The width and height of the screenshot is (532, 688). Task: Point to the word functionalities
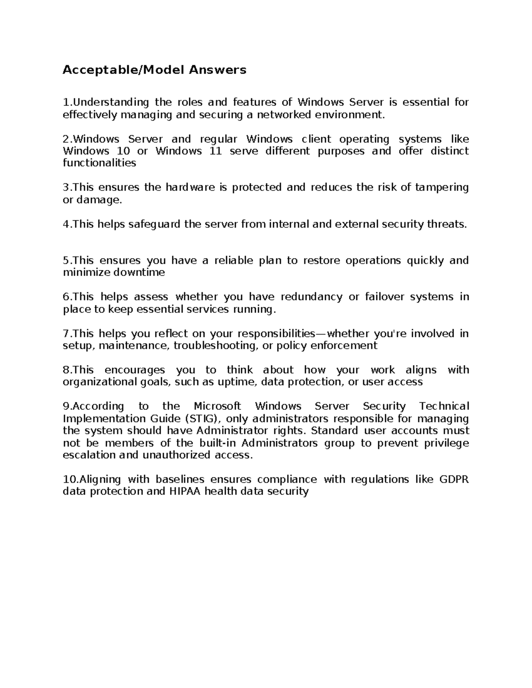point(99,163)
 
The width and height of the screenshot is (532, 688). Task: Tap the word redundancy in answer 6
point(311,297)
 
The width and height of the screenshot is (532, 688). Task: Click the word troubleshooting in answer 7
point(215,346)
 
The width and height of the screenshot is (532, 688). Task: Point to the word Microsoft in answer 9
point(217,406)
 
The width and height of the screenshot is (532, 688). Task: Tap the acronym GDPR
point(454,479)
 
